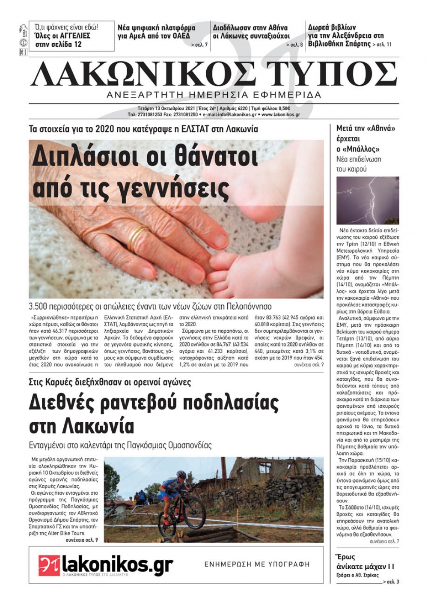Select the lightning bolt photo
pos(368,200)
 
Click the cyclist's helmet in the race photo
pos(181,475)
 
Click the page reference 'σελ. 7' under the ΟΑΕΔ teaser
pos(200,45)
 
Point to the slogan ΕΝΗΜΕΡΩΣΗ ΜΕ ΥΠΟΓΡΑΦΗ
pos(257,564)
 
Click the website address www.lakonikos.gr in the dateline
pos(280,115)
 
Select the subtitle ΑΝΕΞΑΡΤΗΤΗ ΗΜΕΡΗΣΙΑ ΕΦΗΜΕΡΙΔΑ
pos(214,95)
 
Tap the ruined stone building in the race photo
pos(274,475)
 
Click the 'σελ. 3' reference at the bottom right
pos(391,582)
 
